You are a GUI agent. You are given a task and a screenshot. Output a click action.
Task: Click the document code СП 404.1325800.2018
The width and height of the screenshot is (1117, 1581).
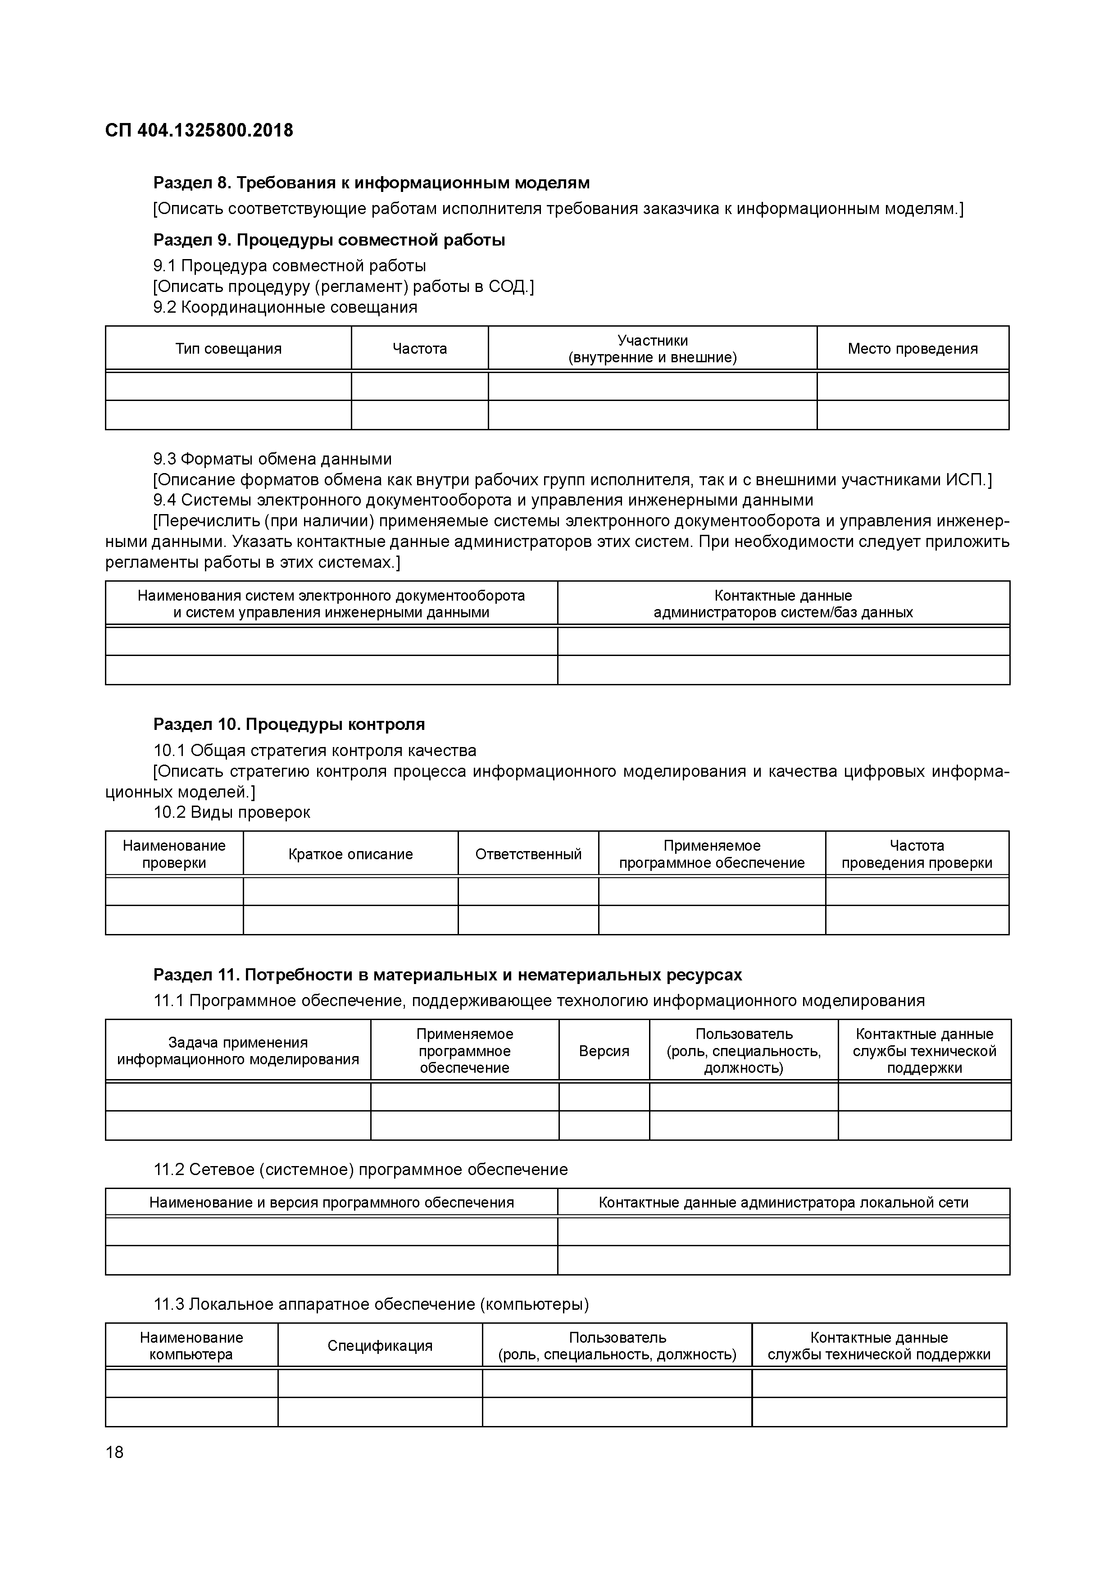[x=199, y=130]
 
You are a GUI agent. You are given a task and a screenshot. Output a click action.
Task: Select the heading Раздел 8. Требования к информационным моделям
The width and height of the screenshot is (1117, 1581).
[x=371, y=183]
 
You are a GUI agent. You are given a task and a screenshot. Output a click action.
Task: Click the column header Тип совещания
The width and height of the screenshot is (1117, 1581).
[x=228, y=348]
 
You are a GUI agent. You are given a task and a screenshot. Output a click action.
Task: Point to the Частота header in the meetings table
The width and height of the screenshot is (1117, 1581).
[x=419, y=348]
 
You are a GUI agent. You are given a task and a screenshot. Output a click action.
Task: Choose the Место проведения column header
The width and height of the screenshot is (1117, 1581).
[x=912, y=348]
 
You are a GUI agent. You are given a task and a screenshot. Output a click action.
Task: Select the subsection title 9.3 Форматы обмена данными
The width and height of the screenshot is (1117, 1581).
[x=272, y=459]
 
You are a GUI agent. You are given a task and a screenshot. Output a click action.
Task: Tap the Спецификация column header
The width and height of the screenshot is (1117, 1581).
[x=380, y=1345]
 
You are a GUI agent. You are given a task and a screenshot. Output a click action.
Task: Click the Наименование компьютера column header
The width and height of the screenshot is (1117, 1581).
[x=191, y=1345]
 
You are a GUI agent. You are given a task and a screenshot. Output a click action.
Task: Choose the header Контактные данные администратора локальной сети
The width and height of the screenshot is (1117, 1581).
[x=783, y=1202]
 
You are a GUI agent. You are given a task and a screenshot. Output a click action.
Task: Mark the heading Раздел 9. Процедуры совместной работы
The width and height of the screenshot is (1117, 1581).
[x=329, y=240]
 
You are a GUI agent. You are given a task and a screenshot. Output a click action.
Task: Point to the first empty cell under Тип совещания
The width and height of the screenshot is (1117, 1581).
[x=228, y=386]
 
